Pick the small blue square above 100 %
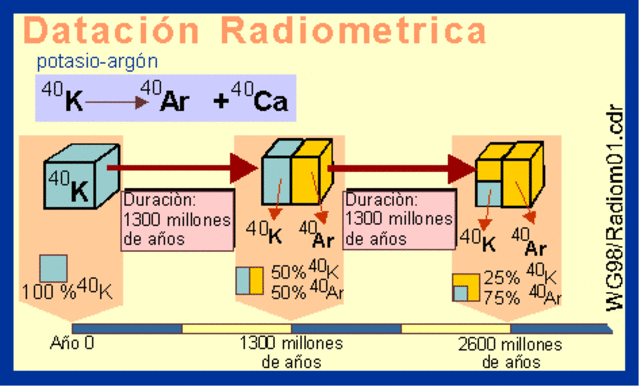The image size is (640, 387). (54, 268)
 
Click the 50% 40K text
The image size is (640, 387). (308, 271)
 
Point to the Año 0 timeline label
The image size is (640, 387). (72, 343)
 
